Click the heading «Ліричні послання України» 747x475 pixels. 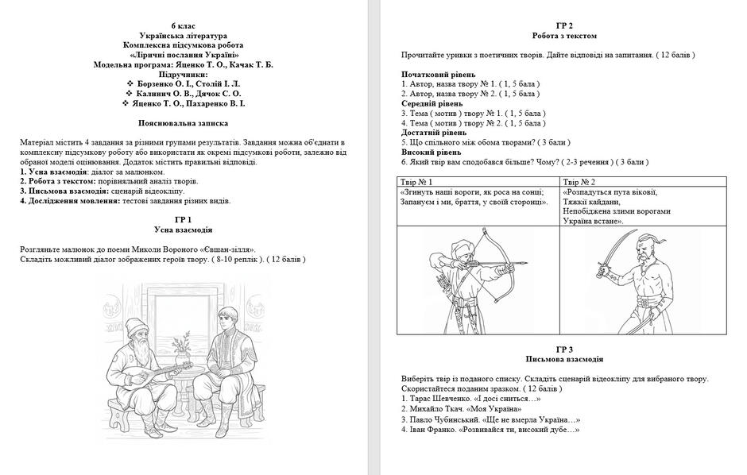tap(183, 55)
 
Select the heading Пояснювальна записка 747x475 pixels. tap(183, 123)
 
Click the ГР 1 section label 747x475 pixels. tap(183, 219)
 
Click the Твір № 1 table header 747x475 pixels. tap(416, 182)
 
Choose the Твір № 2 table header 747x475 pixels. tap(579, 182)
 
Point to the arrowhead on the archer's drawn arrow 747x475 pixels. tap(524, 262)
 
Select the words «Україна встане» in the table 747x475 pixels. tap(593, 221)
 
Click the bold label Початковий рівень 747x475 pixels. tap(439, 74)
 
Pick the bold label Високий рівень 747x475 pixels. tap(432, 153)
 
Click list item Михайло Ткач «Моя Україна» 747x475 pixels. tap(461, 409)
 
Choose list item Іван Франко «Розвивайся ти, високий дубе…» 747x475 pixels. tap(490, 430)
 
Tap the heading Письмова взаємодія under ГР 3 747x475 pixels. tap(564, 359)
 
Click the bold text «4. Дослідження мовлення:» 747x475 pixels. tap(70, 201)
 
